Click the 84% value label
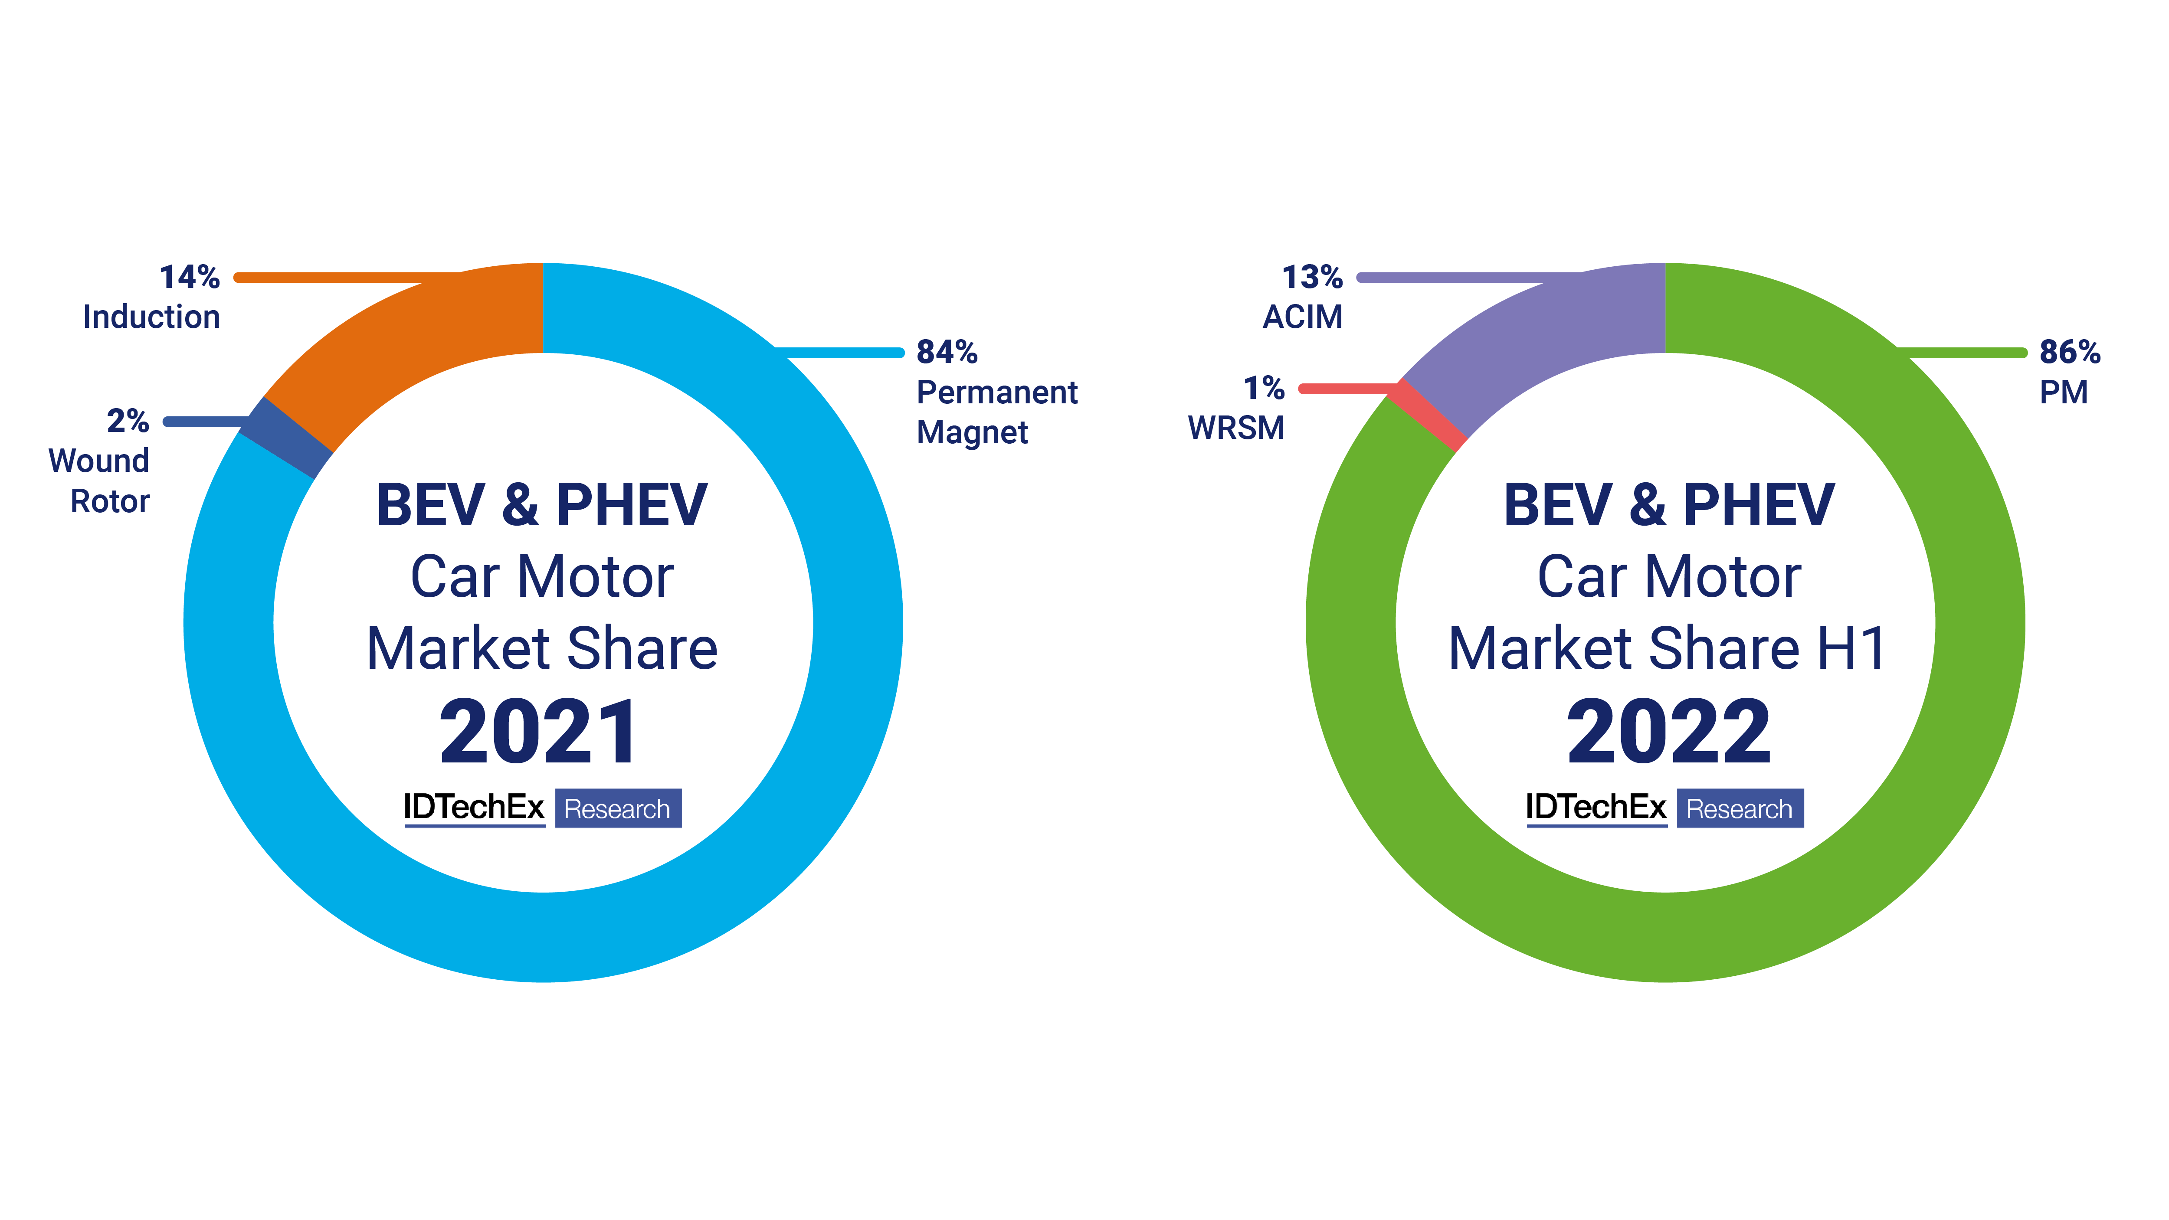[947, 352]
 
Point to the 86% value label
[2069, 352]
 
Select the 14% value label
[190, 277]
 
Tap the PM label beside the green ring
[2063, 392]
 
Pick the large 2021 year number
[539, 733]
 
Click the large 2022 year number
[1669, 733]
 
